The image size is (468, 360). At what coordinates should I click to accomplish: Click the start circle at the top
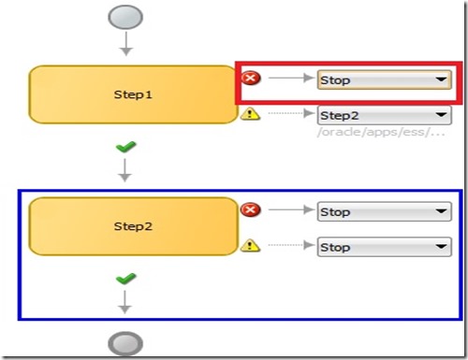click(x=126, y=17)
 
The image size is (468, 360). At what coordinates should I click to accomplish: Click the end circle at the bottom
click(x=125, y=343)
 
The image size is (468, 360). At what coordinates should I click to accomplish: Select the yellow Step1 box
click(x=132, y=94)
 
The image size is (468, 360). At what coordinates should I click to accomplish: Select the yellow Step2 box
click(x=132, y=226)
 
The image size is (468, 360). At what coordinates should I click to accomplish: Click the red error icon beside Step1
click(x=250, y=79)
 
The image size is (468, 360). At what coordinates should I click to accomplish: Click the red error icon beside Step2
click(x=250, y=210)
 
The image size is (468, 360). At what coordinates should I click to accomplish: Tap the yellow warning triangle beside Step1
click(x=250, y=114)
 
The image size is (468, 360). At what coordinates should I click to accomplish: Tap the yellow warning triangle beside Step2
click(x=250, y=246)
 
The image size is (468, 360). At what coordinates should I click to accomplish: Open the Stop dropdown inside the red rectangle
click(x=384, y=80)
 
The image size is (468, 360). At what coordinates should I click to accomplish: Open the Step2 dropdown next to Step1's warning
click(x=384, y=116)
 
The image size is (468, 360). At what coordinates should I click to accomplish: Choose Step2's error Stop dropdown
click(x=384, y=212)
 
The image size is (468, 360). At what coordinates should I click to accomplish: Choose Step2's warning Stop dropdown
click(x=384, y=248)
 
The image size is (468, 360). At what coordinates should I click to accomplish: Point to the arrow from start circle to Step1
click(x=126, y=45)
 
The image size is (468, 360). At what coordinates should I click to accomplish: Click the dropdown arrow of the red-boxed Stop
click(x=441, y=80)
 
